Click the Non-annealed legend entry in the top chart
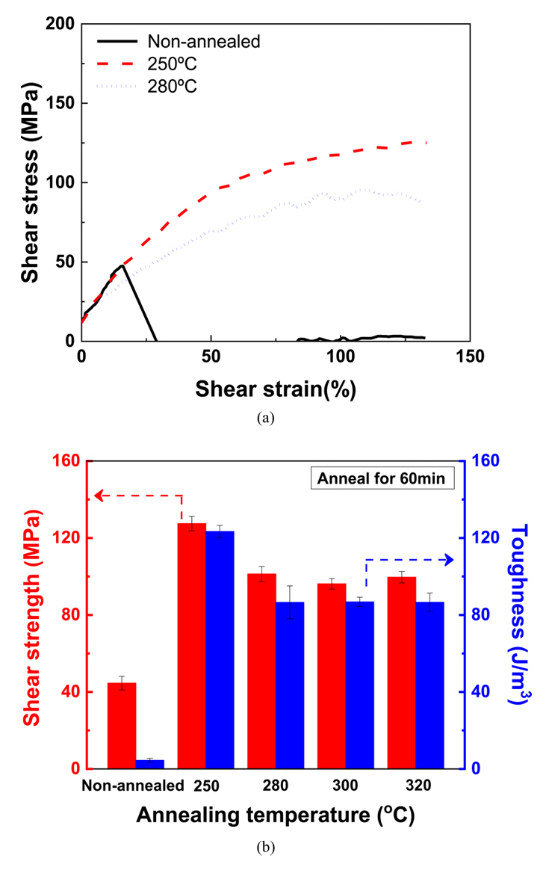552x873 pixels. pos(204,43)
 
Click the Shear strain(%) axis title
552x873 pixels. pos(276,389)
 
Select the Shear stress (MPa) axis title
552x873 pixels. pos(30,183)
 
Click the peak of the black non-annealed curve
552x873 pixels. pos(121,265)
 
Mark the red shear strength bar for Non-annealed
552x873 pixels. pos(122,725)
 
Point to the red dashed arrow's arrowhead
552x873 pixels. pos(98,495)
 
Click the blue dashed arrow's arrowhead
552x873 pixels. pos(450,559)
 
